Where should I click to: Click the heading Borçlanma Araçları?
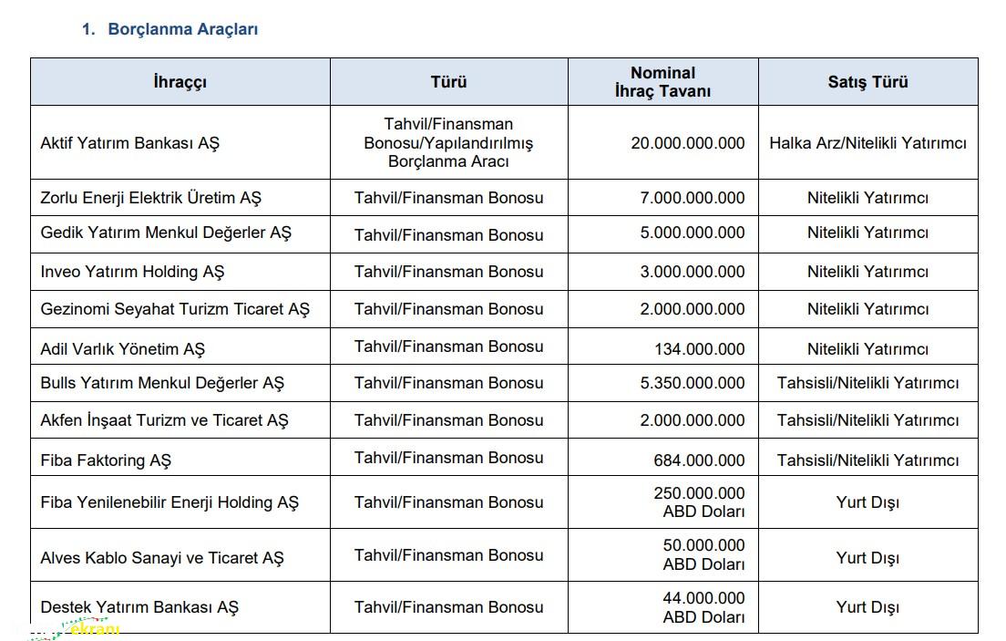[x=182, y=29]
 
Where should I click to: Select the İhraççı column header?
[x=180, y=82]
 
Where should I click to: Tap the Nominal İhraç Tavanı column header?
[x=662, y=82]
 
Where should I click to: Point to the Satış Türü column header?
[x=867, y=82]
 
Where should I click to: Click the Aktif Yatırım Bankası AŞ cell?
[x=130, y=143]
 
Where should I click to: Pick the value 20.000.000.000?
[x=687, y=143]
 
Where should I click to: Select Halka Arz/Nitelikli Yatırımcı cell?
[x=867, y=143]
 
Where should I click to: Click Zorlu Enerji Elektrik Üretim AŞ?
[x=151, y=198]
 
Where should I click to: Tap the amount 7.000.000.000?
[x=692, y=198]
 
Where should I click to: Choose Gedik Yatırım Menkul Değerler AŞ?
[x=166, y=233]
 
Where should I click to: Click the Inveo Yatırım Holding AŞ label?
[x=132, y=272]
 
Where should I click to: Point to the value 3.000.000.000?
[x=692, y=272]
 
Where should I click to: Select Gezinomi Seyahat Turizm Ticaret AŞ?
[x=175, y=309]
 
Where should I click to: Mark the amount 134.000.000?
[x=699, y=349]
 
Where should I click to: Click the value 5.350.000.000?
[x=692, y=383]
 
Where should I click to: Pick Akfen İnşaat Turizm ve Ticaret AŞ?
[x=164, y=420]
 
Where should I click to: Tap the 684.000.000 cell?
[x=699, y=460]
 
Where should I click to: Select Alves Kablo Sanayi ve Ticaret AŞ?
[x=162, y=558]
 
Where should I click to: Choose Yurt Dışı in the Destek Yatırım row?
[x=867, y=607]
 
